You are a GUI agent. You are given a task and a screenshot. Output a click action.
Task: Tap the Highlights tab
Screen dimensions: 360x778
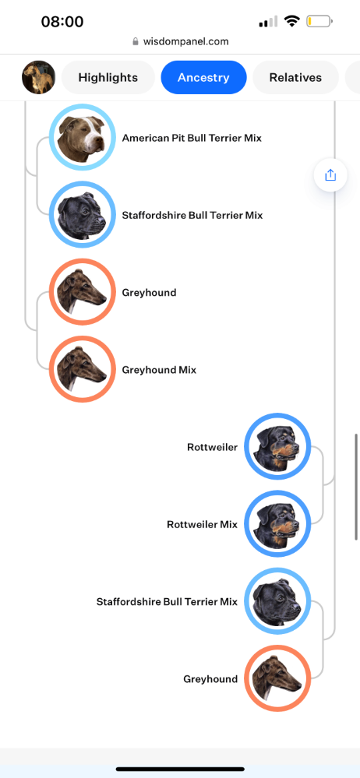click(x=108, y=77)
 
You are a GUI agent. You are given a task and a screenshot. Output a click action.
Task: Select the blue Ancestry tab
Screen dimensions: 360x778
click(x=203, y=77)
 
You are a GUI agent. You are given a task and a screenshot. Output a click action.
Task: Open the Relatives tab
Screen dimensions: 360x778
click(x=295, y=77)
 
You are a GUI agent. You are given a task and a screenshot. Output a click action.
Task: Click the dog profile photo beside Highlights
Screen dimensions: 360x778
click(x=39, y=77)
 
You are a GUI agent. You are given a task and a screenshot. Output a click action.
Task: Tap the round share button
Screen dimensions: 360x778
click(x=330, y=174)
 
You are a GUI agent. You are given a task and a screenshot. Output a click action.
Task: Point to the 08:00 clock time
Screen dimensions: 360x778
click(x=62, y=21)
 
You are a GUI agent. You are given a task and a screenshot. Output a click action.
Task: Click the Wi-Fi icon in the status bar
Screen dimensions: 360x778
click(x=291, y=21)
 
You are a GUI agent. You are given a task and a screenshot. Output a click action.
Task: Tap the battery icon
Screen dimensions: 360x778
click(x=319, y=21)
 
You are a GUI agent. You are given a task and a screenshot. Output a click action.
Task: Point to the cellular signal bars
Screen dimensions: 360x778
click(x=269, y=21)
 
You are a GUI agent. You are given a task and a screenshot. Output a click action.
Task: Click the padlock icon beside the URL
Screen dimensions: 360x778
click(x=136, y=42)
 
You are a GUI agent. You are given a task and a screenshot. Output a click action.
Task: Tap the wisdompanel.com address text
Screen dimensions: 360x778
click(x=185, y=42)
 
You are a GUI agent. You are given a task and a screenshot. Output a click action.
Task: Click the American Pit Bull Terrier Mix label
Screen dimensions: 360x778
click(x=192, y=138)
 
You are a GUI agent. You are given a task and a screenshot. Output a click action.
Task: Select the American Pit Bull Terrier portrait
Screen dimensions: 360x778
click(x=83, y=137)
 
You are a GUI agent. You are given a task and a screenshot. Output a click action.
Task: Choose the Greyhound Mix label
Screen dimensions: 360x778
click(x=159, y=370)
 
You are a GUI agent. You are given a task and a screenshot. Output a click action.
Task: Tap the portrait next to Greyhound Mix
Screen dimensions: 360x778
click(x=83, y=369)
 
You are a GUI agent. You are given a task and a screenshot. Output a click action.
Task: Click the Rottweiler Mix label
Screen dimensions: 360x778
click(x=202, y=524)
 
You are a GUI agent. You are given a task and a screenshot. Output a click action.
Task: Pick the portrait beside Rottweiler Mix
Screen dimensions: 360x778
click(x=277, y=523)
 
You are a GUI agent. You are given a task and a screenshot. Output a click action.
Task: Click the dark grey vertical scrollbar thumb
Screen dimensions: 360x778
click(x=356, y=487)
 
